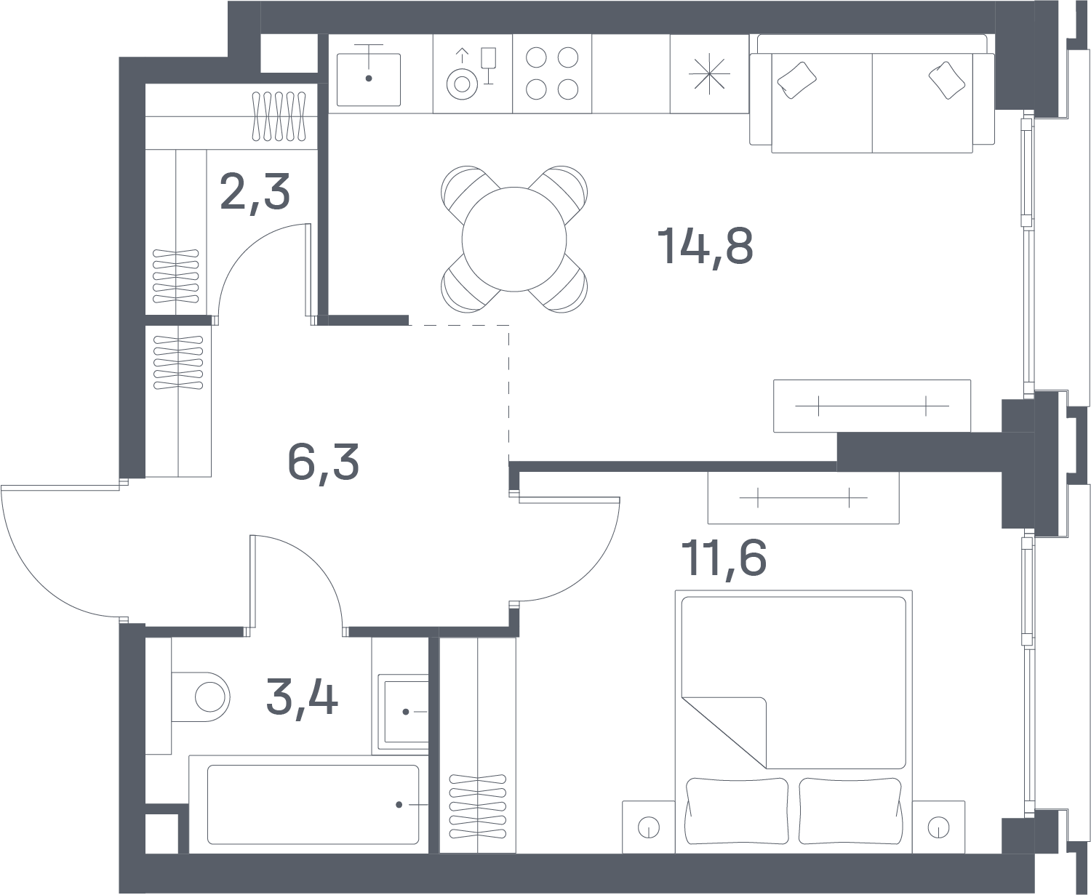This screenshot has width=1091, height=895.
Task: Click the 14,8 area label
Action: [705, 247]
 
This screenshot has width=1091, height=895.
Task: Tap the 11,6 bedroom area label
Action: [724, 558]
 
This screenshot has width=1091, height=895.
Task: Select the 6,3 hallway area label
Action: [324, 463]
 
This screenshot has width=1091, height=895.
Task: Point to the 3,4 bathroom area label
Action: [302, 697]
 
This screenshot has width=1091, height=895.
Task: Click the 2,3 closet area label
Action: [255, 193]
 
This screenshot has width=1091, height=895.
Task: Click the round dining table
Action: [514, 239]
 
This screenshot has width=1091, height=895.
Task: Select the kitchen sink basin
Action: [368, 79]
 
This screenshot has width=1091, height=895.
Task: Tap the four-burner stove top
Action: [552, 73]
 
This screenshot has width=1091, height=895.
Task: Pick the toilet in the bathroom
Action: [201, 697]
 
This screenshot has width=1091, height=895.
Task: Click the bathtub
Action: [313, 805]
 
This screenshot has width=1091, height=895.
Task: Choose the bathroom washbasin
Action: [404, 712]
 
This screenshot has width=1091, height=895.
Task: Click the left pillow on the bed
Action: [737, 811]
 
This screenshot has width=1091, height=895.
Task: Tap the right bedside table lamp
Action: [938, 828]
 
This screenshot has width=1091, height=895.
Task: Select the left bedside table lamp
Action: [649, 828]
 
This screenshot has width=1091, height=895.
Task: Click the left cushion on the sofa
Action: [796, 80]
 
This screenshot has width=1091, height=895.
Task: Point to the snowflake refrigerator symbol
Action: [709, 74]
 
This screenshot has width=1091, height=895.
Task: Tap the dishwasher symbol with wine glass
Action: [471, 73]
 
